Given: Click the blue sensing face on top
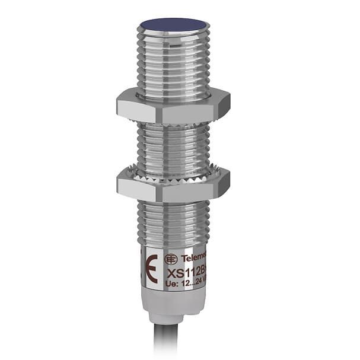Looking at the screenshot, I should click(x=174, y=25).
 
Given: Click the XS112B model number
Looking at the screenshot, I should click(x=186, y=272).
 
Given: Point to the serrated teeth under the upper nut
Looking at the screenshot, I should click(x=173, y=123).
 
